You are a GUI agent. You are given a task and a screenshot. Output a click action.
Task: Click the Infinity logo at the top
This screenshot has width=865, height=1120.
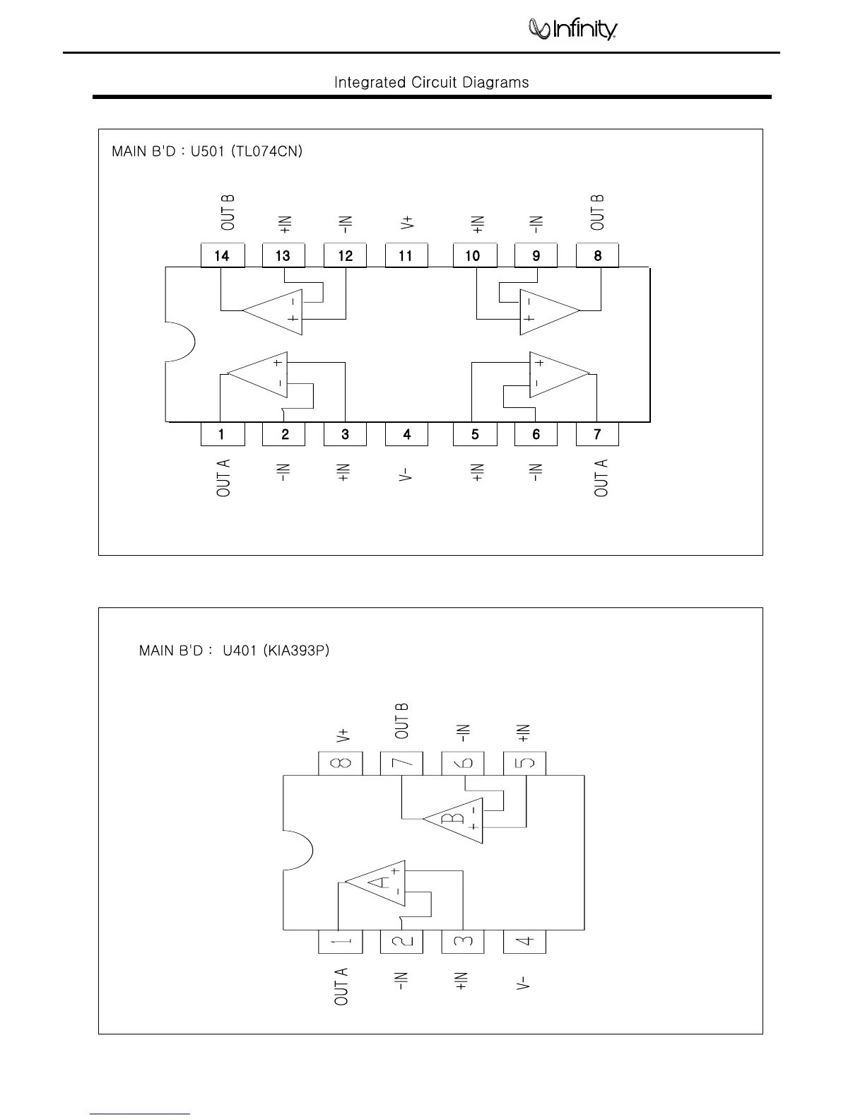(x=573, y=29)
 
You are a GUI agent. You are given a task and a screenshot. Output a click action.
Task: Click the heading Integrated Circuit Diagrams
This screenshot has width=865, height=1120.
(x=431, y=83)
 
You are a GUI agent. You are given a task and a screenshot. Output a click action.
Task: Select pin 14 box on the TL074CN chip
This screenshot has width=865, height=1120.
(x=222, y=255)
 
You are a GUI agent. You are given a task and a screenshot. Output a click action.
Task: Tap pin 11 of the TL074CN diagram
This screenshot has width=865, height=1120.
(x=406, y=255)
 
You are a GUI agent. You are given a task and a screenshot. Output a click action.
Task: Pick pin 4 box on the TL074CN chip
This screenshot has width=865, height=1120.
(x=406, y=434)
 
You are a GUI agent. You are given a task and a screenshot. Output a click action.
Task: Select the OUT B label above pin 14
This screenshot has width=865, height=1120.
(x=228, y=212)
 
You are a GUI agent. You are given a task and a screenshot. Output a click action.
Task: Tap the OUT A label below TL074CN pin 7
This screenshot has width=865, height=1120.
(x=601, y=477)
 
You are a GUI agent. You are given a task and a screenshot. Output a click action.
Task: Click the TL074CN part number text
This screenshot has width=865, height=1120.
(x=267, y=151)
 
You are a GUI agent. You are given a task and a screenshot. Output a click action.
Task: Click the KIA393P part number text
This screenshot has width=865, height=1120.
(x=295, y=651)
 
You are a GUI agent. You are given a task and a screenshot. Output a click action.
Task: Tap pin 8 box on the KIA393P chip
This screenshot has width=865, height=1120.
(x=340, y=764)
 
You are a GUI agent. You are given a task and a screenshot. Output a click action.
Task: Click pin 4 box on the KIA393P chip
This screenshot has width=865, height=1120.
(x=524, y=942)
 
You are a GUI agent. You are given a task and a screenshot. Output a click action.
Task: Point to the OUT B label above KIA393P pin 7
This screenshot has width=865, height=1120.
(x=401, y=721)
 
